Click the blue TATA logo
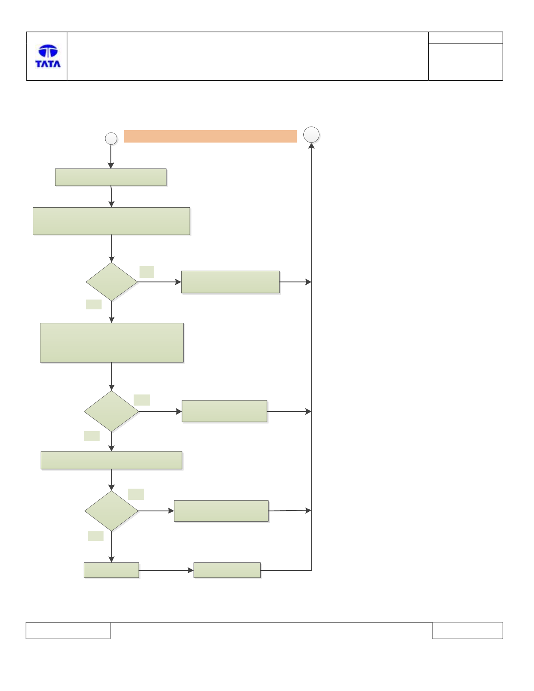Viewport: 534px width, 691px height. click(x=48, y=56)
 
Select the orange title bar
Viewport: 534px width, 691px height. click(x=210, y=136)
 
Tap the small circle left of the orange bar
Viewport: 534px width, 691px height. click(x=111, y=139)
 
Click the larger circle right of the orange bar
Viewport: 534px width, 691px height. click(x=311, y=135)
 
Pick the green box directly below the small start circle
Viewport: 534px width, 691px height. click(x=111, y=177)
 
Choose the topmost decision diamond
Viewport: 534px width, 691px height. click(x=112, y=281)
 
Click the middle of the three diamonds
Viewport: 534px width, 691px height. click(x=111, y=411)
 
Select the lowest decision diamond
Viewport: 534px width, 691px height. click(x=111, y=511)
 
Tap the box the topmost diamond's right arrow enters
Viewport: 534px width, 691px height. click(x=230, y=282)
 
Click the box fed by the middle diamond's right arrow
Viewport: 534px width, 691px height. click(x=224, y=411)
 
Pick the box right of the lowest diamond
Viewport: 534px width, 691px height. click(x=221, y=511)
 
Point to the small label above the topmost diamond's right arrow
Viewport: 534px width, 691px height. click(x=146, y=272)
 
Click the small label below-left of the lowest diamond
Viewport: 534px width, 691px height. click(x=96, y=536)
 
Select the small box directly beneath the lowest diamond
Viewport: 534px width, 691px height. click(x=111, y=570)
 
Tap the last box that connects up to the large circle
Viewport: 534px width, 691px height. click(x=227, y=570)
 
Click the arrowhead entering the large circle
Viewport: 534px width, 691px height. click(x=311, y=146)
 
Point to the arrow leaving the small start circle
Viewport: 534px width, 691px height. click(x=111, y=156)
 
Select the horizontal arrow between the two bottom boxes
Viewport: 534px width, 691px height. click(x=166, y=570)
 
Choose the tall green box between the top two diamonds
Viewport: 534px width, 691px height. click(x=112, y=343)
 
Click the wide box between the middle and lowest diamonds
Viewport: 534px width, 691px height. click(x=111, y=460)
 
